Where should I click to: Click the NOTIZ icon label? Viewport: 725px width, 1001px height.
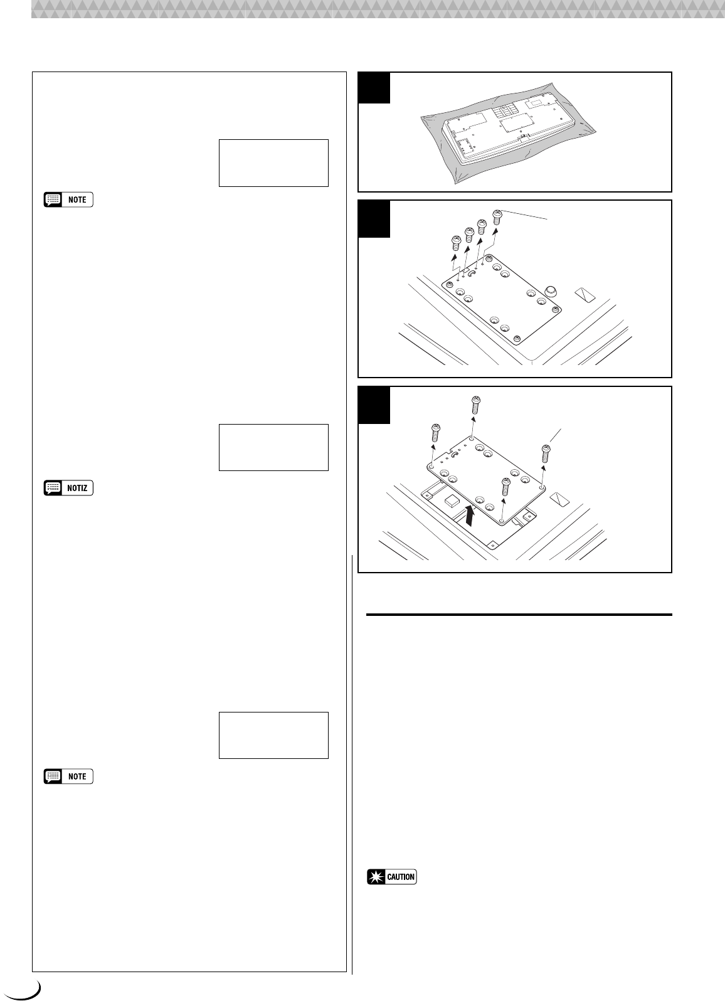tap(68, 488)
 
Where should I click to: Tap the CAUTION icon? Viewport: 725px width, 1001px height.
tap(392, 877)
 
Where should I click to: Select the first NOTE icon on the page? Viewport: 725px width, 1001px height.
tap(68, 200)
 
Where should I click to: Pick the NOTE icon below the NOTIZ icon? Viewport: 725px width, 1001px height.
tap(68, 776)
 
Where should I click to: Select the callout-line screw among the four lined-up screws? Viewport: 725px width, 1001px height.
tap(497, 217)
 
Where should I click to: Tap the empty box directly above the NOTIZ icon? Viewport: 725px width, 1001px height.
tap(273, 447)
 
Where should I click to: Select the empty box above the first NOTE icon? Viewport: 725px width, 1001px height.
tap(273, 163)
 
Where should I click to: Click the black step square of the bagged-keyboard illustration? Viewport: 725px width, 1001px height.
tap(374, 87)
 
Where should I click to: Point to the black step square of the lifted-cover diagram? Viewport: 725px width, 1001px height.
tap(374, 405)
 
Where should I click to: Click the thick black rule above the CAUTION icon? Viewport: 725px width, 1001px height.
tap(519, 615)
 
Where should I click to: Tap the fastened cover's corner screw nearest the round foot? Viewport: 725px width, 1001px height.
tap(555, 310)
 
